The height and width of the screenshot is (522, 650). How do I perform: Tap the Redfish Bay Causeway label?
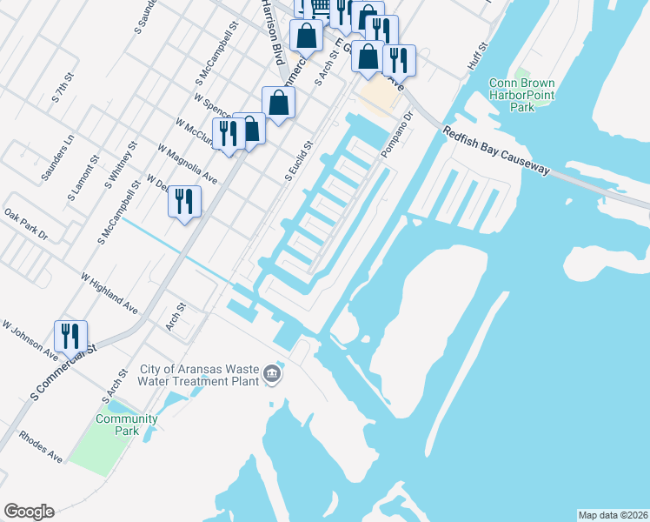[495, 151]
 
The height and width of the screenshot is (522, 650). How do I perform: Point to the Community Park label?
[127, 425]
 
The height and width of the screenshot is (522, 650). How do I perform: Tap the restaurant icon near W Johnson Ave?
[70, 336]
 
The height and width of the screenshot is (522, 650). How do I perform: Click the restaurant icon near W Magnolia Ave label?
[183, 202]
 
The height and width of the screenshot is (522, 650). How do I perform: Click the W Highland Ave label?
[109, 293]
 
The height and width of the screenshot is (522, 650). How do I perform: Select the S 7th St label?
[60, 90]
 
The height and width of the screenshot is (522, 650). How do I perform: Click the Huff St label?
[478, 57]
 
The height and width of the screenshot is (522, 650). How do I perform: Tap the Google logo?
[29, 512]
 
